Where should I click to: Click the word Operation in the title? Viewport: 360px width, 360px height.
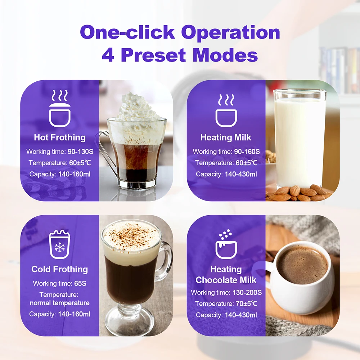click(230, 33)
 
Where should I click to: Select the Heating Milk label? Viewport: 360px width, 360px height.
click(226, 137)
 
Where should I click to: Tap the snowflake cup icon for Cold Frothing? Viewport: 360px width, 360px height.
click(59, 245)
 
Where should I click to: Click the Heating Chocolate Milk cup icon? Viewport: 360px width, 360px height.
click(226, 245)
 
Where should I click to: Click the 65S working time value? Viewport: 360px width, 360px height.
click(80, 283)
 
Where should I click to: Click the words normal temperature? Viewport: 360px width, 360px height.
click(60, 303)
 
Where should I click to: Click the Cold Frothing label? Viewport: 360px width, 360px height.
click(60, 269)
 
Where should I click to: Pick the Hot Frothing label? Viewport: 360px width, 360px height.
click(60, 137)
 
